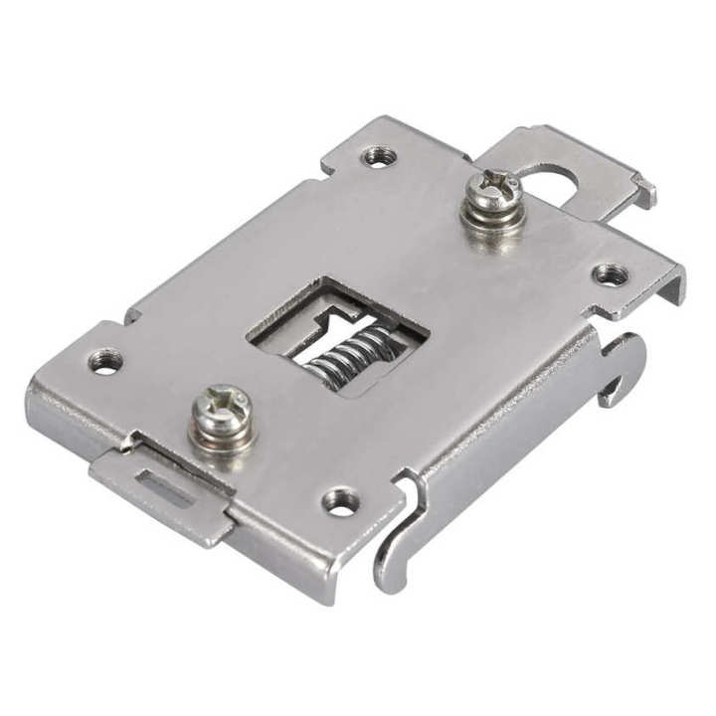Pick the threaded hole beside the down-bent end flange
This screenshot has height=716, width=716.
[x=610, y=274]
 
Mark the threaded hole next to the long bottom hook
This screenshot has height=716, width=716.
[x=341, y=502]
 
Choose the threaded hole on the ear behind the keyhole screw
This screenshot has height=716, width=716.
[x=379, y=156]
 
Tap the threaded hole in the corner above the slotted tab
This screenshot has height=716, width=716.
[x=105, y=360]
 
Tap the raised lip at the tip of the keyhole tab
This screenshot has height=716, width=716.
[x=644, y=190]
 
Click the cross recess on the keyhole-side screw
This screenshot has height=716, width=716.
[x=494, y=184]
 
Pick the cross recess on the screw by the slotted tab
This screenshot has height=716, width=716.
[x=221, y=401]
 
